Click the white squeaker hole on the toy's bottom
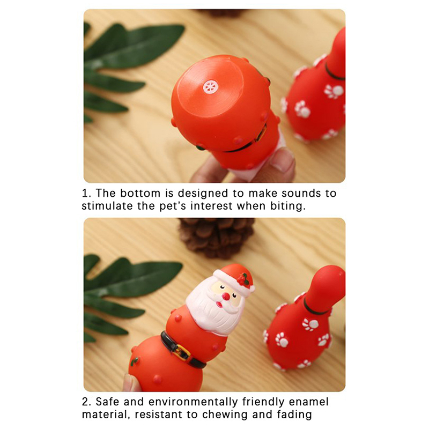[x=210, y=87]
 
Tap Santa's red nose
[x=226, y=297]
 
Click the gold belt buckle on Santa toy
[x=181, y=352]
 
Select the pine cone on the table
[x=217, y=238]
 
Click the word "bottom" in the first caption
[x=140, y=193]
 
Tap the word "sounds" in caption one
[x=301, y=193]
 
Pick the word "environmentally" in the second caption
[x=193, y=402]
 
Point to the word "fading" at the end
[x=294, y=415]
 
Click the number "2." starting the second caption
[x=86, y=402]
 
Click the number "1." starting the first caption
[x=86, y=194]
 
